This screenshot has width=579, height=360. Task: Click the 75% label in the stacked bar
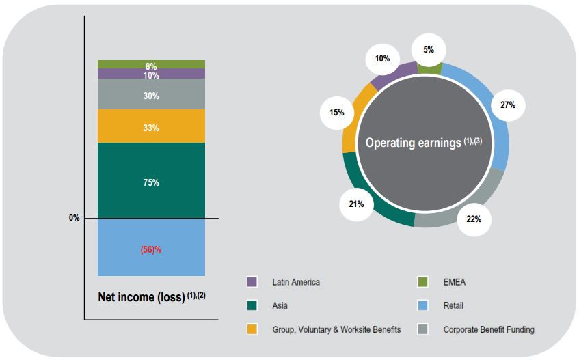coord(151,182)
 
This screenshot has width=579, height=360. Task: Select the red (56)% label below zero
coord(150,249)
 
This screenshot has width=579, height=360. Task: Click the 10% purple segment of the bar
coord(151,74)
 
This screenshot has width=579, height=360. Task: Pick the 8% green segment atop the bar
coord(151,65)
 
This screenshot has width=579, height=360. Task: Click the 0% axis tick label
coord(74,218)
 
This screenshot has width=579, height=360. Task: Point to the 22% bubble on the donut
coord(474,219)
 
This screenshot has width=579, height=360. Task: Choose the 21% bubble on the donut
coord(356,204)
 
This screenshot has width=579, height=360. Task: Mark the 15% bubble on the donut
coord(336,112)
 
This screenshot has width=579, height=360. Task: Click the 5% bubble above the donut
coord(429,49)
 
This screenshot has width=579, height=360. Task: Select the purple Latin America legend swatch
coord(252,282)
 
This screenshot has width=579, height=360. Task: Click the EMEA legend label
coord(455,282)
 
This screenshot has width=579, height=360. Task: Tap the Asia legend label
coord(281,306)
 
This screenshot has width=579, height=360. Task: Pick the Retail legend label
coord(453,306)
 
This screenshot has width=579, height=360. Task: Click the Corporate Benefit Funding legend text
coord(489,329)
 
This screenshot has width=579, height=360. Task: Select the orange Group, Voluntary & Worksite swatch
coord(252,329)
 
